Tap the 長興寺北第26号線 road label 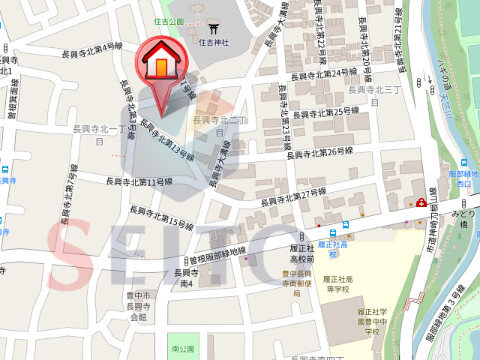(x=320, y=151)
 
